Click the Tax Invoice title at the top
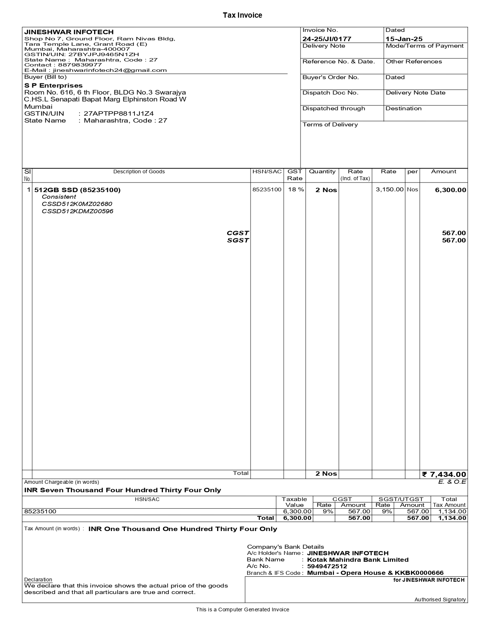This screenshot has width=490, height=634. coord(243,15)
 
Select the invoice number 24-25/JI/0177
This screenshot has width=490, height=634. coord(327,39)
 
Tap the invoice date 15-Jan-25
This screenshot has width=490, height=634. coord(404,39)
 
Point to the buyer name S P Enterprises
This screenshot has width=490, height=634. coord(53,85)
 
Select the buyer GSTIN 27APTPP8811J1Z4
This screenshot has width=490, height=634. coord(118,114)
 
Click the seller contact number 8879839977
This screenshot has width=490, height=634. coord(80,65)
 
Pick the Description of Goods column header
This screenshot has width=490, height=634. coord(139,172)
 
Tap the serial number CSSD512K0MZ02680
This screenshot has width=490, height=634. coord(77,204)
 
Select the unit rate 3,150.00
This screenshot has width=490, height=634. coord(389,189)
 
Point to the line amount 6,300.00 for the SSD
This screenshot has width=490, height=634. coord(450,190)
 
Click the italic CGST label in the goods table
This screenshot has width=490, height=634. coord(238,233)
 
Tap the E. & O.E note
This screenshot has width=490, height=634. coord(452,482)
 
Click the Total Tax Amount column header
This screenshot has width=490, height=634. coord(449,502)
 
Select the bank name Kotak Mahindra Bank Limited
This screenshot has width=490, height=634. coord(358,560)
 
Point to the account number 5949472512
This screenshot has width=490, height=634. coord(327,566)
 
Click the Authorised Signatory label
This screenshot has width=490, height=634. coord(440,599)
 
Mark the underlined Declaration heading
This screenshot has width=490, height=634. coord(38,579)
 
